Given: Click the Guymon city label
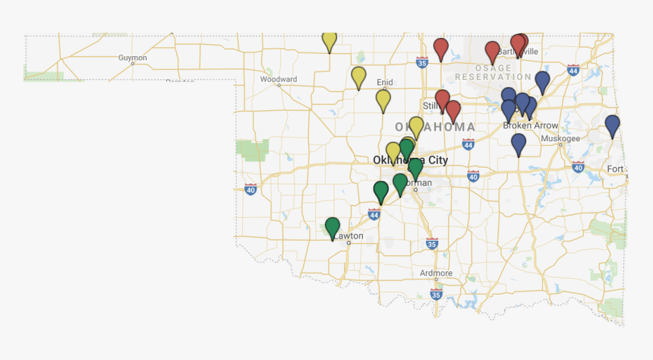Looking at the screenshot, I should coord(132,58).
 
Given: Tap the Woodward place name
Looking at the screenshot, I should coord(278,79).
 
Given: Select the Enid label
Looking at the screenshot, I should coord(385,82).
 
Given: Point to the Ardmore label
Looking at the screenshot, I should coord(436,273).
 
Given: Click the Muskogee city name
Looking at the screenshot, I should coord(560,138).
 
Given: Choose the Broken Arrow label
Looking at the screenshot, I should coord(531,125).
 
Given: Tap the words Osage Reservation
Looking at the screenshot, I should coord(494,72).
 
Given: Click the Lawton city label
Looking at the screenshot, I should coord(350,236).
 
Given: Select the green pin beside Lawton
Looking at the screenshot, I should coord(333,227).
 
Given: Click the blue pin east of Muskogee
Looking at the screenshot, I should coord(612,125).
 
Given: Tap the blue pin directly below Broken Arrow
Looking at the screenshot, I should coord(519,144).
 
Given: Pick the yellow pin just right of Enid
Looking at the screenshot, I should coord(383,100).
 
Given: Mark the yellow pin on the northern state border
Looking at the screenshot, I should coord(330,40).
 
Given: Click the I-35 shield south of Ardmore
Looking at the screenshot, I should coord(436,294).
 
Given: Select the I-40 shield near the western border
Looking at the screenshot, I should coord(251,188).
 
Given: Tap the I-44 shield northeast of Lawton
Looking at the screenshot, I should coord(374,215).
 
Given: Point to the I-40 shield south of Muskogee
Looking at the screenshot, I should coord(578,167).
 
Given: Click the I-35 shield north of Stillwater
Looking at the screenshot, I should coord(421,65).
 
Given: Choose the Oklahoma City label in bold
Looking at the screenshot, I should coord(410,160).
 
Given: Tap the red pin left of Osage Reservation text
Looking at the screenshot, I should coord(440,49).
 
